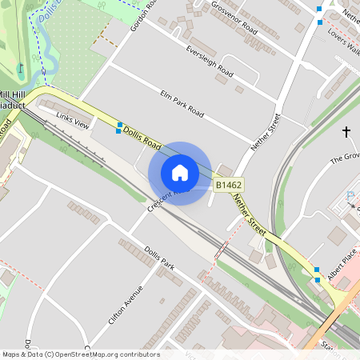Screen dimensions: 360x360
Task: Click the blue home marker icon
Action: tap(179, 173)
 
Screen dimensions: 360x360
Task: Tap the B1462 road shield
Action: tap(228, 185)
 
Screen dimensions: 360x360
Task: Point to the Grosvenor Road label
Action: tap(234, 17)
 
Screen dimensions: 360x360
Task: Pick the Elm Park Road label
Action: tap(182, 104)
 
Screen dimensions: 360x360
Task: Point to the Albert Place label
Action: tap(342, 275)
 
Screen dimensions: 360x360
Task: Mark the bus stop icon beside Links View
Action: tap(120, 126)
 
